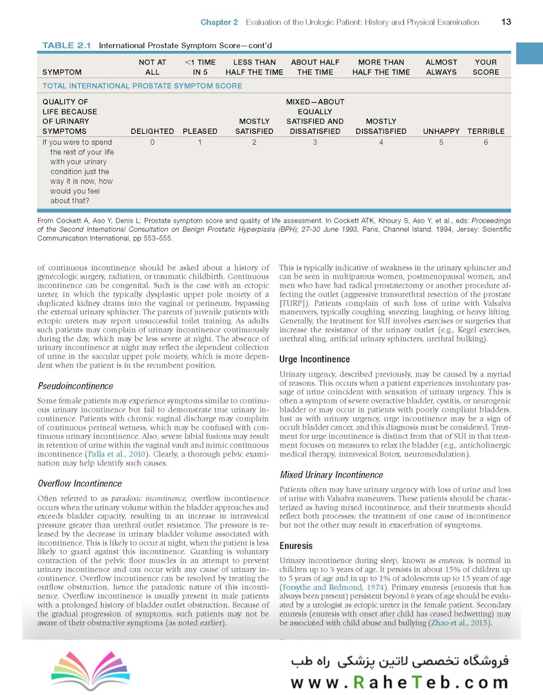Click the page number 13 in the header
506,22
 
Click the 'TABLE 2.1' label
67,46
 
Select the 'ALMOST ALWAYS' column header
441,68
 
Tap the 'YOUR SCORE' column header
486,68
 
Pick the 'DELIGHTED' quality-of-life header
152,131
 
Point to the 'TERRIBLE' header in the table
486,131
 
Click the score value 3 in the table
315,142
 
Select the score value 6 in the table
486,142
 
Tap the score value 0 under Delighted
152,142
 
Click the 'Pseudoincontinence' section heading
75,386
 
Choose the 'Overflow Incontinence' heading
79,483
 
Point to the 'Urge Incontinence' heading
315,359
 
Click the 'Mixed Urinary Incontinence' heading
331,475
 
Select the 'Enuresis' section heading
296,546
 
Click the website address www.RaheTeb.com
399,681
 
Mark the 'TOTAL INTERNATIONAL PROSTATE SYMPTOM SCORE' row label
142,86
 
